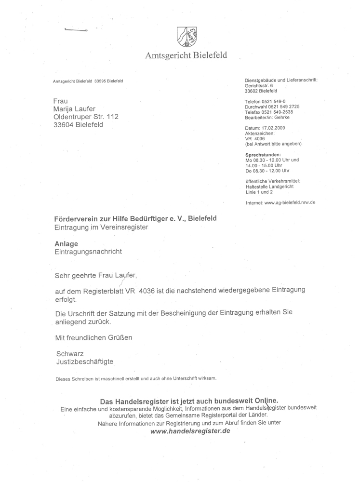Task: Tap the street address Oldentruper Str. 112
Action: [x=86, y=117]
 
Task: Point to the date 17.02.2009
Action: [x=273, y=128]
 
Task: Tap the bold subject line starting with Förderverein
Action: [x=135, y=218]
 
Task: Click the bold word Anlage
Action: [x=67, y=243]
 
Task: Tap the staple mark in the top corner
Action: [x=75, y=31]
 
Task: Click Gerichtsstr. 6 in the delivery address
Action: [x=259, y=85]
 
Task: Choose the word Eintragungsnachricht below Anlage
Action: [x=88, y=252]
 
